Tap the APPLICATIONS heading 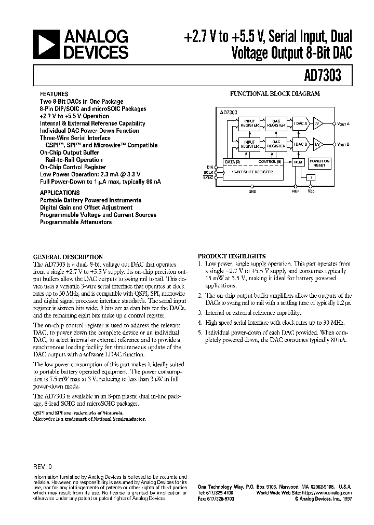[x=58, y=192]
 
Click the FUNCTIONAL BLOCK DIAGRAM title [x=275, y=94]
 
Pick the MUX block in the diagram [x=298, y=162]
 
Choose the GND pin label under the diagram [x=252, y=191]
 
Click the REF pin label [x=296, y=191]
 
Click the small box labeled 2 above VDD [x=311, y=177]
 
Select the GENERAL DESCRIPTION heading [x=68, y=256]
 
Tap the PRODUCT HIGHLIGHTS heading [x=232, y=256]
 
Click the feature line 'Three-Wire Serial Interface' [x=75, y=138]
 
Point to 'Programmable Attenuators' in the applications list [x=76, y=222]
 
